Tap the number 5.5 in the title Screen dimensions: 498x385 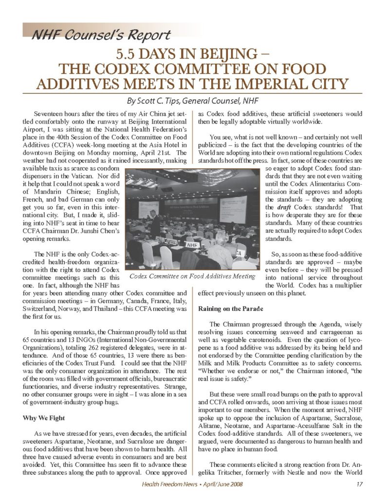tap(128, 51)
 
